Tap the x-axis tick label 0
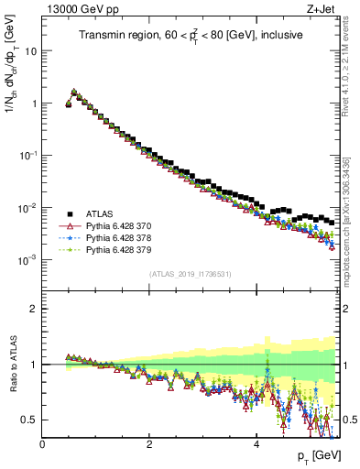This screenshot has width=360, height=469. coord(42,444)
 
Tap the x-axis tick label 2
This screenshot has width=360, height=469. coord(149,444)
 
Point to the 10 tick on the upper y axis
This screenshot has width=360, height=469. coord(31,51)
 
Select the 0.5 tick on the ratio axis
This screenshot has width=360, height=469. coord(30,420)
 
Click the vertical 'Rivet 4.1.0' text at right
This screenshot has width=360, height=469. coord(352,82)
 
